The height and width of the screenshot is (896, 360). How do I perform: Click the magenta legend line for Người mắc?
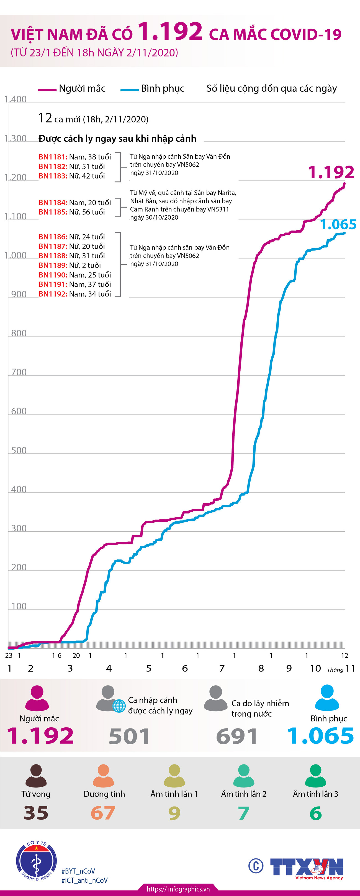pyautogui.click(x=47, y=90)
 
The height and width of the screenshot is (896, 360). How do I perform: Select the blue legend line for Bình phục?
pyautogui.click(x=129, y=90)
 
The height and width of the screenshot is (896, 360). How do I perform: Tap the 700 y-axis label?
pyautogui.click(x=19, y=372)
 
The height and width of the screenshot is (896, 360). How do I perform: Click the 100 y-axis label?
pyautogui.click(x=19, y=606)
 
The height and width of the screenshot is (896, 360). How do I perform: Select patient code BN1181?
pyautogui.click(x=53, y=157)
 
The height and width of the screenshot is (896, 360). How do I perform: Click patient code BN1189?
pyautogui.click(x=53, y=265)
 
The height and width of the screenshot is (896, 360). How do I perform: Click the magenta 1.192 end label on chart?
pyautogui.click(x=331, y=172)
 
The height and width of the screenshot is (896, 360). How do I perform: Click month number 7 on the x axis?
pyautogui.click(x=222, y=668)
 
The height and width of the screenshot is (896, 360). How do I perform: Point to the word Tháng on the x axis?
pyautogui.click(x=335, y=670)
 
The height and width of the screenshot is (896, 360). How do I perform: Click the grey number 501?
pyautogui.click(x=129, y=736)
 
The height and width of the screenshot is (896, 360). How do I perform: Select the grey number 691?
pyautogui.click(x=237, y=736)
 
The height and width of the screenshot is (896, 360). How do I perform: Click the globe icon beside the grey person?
pyautogui.click(x=119, y=706)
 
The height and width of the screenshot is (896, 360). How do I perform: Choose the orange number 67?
pyautogui.click(x=103, y=813)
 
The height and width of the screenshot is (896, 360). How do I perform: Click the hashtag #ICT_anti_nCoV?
pyautogui.click(x=84, y=880)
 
